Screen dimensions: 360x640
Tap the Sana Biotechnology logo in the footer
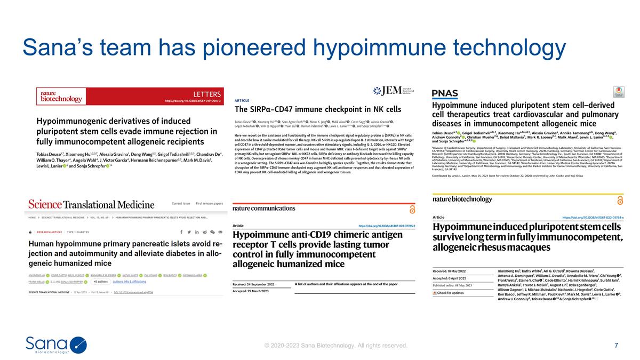pos(56,345)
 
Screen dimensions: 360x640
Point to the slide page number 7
pos(617,345)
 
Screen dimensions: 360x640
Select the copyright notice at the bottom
pos(336,346)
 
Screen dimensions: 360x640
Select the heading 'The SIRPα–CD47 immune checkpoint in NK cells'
pos(318,109)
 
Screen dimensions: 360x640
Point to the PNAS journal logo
pos(445,94)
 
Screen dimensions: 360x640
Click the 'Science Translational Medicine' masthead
pos(91,204)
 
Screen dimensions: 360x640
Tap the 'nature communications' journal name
pos(263,208)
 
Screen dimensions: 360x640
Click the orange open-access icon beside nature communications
pos(412,209)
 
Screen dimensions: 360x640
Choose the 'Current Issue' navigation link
pos(181,203)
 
